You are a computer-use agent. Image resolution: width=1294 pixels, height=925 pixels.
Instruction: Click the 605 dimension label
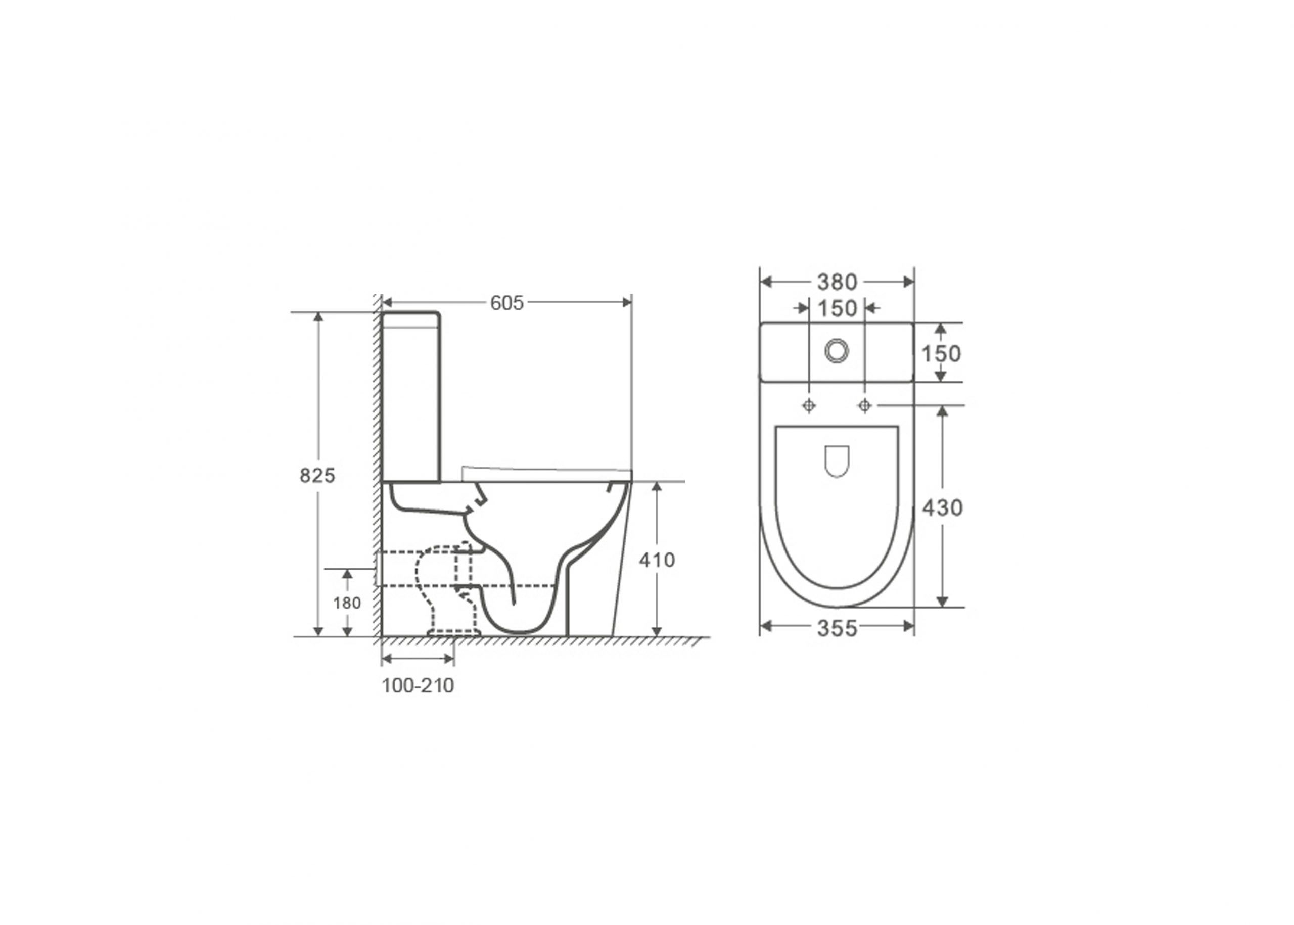tap(506, 303)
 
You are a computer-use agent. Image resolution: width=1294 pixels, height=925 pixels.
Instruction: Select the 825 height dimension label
tap(317, 475)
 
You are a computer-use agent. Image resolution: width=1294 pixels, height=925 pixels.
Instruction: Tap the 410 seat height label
tap(657, 561)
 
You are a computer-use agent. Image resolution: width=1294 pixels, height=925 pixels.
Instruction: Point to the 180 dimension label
tap(347, 603)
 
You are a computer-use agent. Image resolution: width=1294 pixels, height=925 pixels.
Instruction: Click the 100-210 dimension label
tap(418, 686)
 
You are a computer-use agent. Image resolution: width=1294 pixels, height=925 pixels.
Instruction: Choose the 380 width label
tap(837, 282)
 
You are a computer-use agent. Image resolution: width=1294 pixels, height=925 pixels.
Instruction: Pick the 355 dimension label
tap(837, 628)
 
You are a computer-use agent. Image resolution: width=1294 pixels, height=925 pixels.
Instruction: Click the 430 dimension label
tap(942, 507)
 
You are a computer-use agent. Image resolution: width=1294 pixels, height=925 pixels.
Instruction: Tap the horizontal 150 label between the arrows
tap(837, 309)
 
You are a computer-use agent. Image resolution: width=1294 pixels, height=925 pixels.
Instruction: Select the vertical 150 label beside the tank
tap(941, 354)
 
